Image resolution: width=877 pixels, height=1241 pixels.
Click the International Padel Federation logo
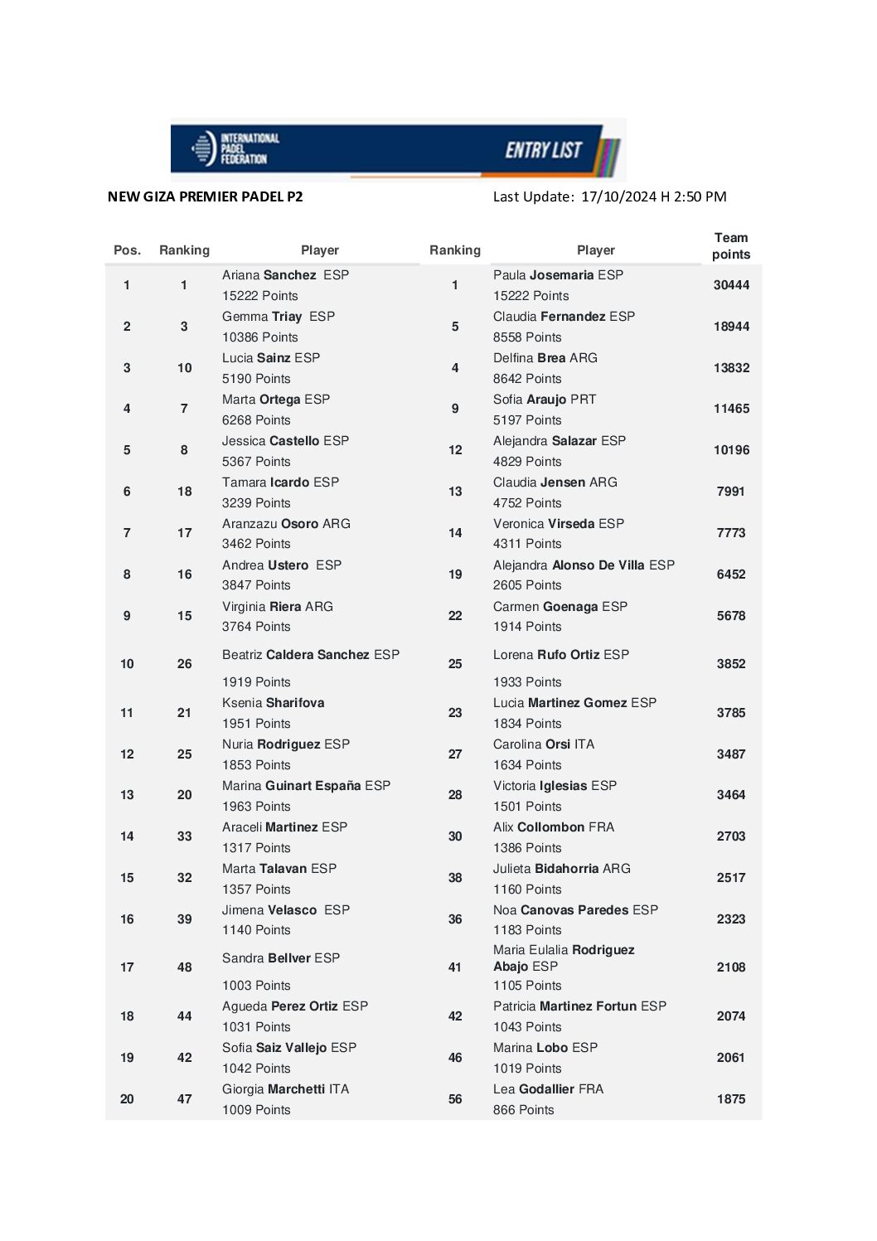pyautogui.click(x=235, y=149)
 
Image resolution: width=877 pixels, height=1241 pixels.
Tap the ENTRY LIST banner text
pyautogui.click(x=544, y=150)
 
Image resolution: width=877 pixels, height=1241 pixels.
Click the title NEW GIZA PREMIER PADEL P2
pyautogui.click(x=206, y=196)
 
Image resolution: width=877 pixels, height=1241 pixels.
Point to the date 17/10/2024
pyautogui.click(x=618, y=196)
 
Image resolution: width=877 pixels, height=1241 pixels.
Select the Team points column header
pyautogui.click(x=730, y=246)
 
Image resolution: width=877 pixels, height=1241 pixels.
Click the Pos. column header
pyautogui.click(x=127, y=250)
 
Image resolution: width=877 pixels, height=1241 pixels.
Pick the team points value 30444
pyautogui.click(x=731, y=285)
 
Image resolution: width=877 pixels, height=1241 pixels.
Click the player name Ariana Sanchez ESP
pyautogui.click(x=285, y=275)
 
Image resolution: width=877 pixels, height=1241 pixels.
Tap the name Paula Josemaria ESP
pyautogui.click(x=558, y=275)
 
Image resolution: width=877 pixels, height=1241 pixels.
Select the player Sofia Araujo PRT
pyautogui.click(x=545, y=400)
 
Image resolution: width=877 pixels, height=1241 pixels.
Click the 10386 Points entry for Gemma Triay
pyautogui.click(x=259, y=337)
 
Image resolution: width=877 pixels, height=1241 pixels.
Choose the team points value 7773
pyautogui.click(x=731, y=533)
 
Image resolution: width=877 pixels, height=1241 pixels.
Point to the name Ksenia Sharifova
pyautogui.click(x=273, y=703)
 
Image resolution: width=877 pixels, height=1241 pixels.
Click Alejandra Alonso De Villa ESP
pyautogui.click(x=584, y=565)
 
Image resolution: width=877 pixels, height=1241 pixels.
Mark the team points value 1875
pyautogui.click(x=731, y=1099)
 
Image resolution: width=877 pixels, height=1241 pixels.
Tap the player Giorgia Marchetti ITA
pyautogui.click(x=285, y=1089)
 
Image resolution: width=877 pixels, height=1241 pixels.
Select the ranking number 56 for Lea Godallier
pyautogui.click(x=455, y=1099)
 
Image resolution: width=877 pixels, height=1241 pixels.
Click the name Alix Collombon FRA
pyautogui.click(x=554, y=827)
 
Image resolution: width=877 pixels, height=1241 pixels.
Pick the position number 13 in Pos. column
pyautogui.click(x=127, y=795)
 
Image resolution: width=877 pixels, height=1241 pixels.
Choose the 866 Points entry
pyautogui.click(x=523, y=1110)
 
